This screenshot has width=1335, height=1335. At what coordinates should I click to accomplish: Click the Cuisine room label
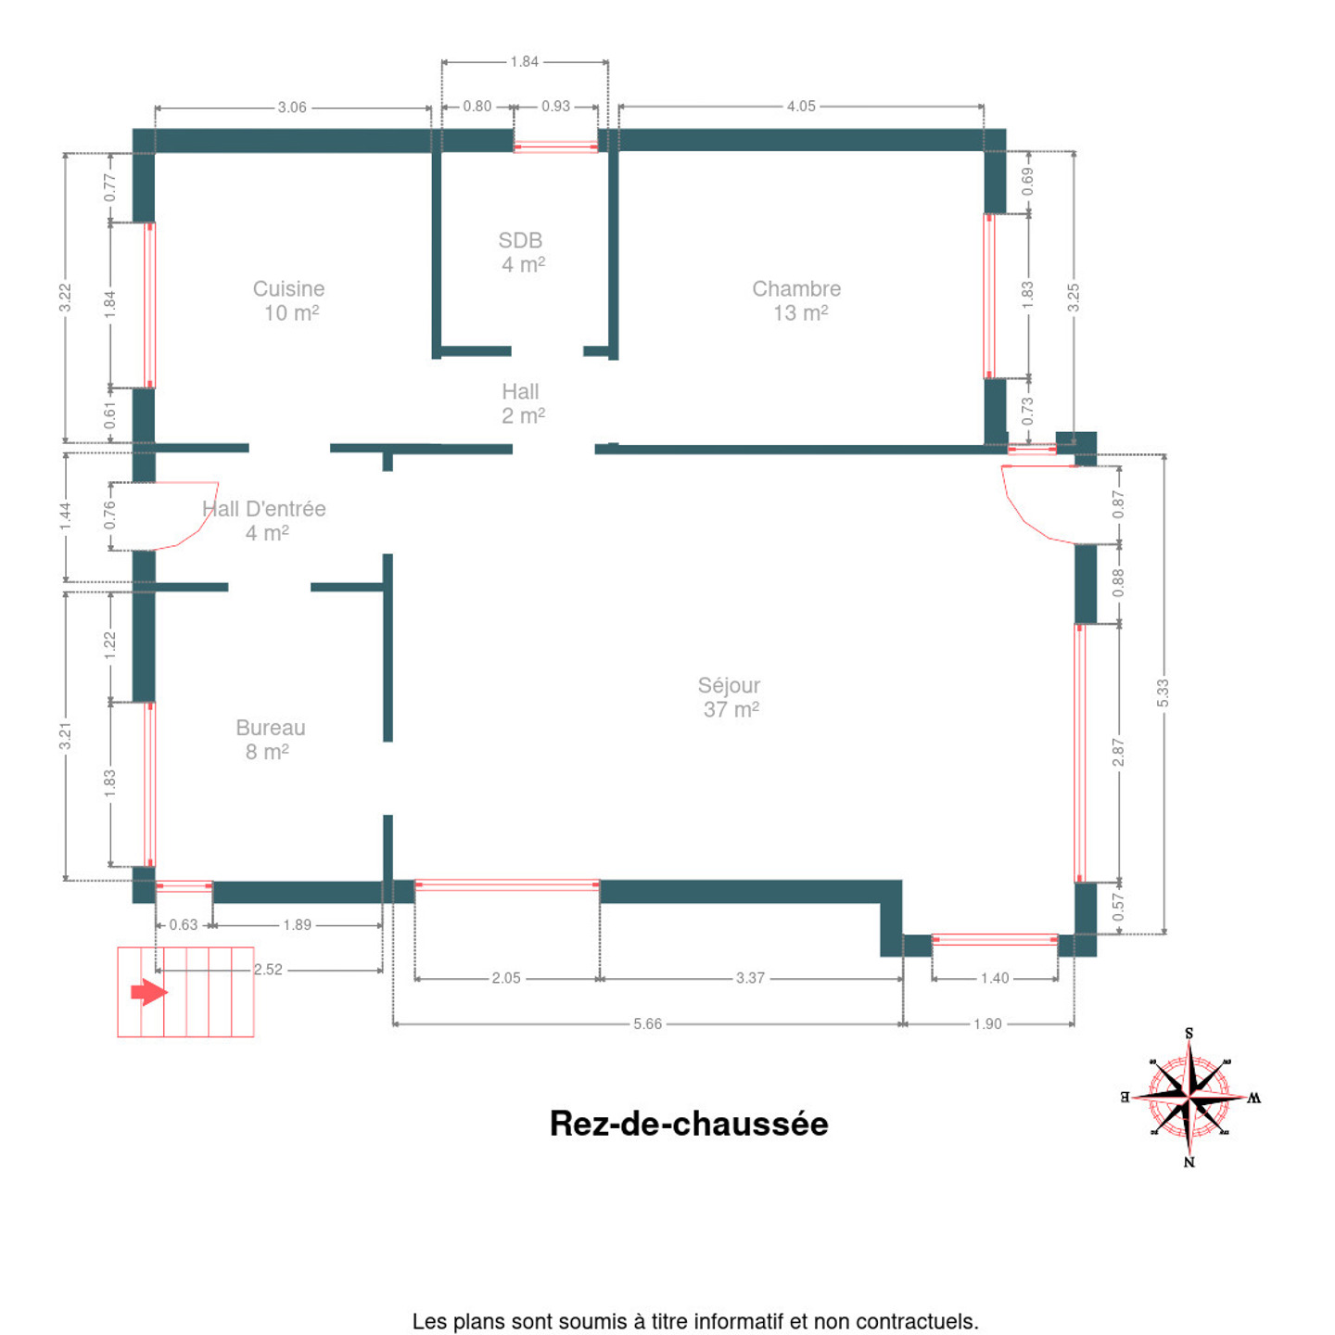coord(289,300)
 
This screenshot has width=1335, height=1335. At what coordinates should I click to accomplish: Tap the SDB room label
coord(521,252)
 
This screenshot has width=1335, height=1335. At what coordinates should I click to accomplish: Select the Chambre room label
coord(796,300)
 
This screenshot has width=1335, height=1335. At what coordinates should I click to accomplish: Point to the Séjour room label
coord(730,698)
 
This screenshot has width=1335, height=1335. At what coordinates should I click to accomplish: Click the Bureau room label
coord(270,739)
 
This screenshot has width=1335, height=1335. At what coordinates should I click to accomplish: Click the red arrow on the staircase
coord(149,992)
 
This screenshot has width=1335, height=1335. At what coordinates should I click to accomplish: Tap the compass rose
coord(1189,1098)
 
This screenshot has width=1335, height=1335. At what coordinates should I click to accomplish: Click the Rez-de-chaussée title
coord(689,1124)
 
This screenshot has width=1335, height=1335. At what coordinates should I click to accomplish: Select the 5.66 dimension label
coord(648,1023)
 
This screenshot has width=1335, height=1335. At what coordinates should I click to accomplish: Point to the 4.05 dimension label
coord(801,106)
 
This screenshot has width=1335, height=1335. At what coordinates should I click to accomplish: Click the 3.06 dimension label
coord(292,108)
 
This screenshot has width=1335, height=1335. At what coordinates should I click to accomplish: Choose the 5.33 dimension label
coord(1163,693)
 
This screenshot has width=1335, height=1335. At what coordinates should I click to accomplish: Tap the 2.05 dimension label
coord(506,978)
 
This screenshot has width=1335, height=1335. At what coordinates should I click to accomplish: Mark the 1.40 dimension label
coord(995,978)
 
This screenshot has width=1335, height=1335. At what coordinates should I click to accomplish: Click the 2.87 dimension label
coord(1118,753)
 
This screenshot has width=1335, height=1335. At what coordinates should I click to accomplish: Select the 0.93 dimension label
coord(555,106)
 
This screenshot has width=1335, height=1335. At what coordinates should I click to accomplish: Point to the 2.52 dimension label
coord(268,969)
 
